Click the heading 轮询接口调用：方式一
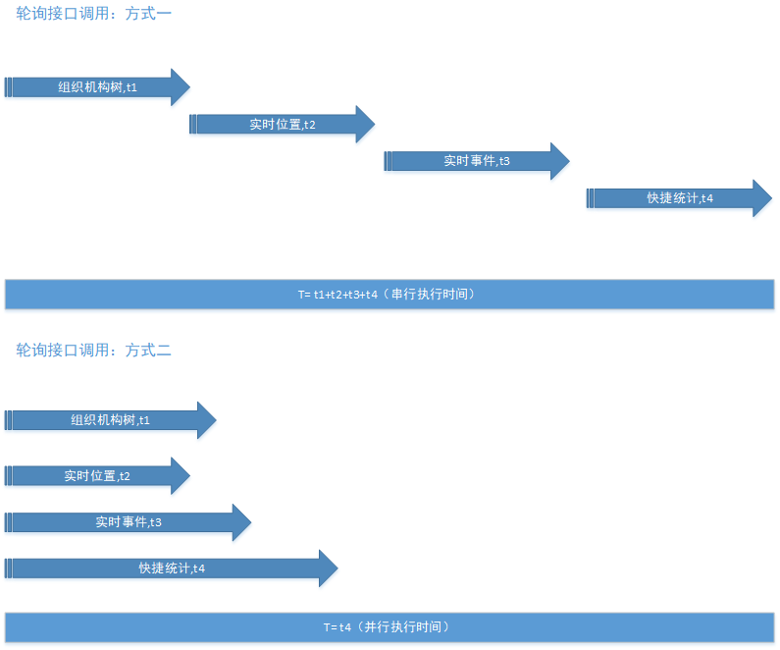click(94, 15)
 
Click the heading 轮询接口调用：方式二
click(94, 350)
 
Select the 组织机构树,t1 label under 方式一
click(97, 87)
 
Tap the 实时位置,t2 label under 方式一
click(283, 125)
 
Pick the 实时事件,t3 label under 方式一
click(477, 161)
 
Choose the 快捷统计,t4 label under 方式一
click(680, 198)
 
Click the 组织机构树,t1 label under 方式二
click(110, 420)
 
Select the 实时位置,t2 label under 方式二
click(97, 476)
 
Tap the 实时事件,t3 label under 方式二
click(129, 522)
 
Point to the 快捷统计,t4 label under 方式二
click(172, 569)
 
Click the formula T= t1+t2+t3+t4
click(338, 294)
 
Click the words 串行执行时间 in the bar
click(432, 294)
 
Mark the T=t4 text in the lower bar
click(337, 626)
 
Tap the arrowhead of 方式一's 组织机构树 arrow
click(180, 87)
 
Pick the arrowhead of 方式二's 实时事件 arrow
click(241, 522)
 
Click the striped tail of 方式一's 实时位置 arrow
click(193, 125)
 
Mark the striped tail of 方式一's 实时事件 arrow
click(388, 161)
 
